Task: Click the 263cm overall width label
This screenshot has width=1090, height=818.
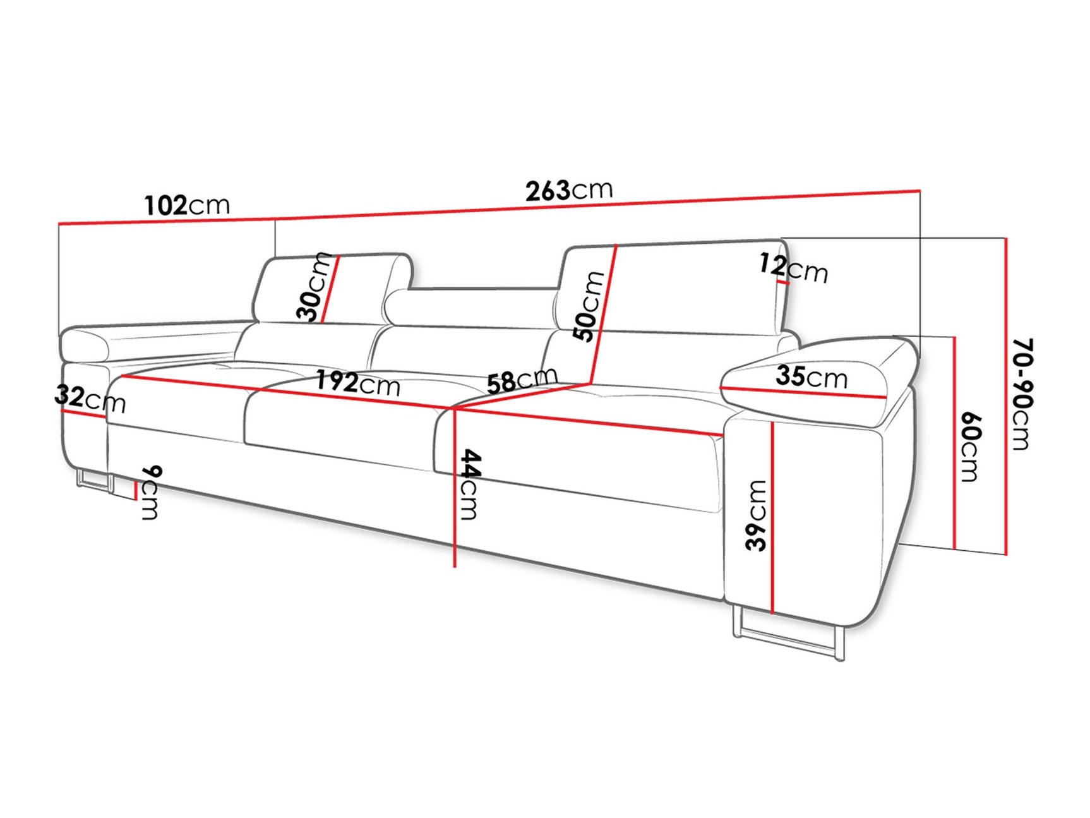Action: [568, 190]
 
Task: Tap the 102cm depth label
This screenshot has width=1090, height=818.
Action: [187, 205]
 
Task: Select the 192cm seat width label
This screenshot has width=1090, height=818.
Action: [358, 383]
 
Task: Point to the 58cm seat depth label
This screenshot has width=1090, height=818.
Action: [522, 381]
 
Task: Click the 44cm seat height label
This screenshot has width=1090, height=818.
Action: [469, 484]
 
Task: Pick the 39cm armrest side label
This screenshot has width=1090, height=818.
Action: [756, 515]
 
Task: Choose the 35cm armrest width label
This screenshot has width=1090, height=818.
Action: [811, 376]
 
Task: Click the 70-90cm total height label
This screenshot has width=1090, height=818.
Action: [1022, 394]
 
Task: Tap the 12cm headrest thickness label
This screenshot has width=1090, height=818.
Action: [793, 268]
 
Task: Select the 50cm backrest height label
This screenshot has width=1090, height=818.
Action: [589, 306]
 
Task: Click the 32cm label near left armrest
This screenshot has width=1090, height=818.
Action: [90, 399]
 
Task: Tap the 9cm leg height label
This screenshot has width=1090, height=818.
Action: [151, 492]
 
